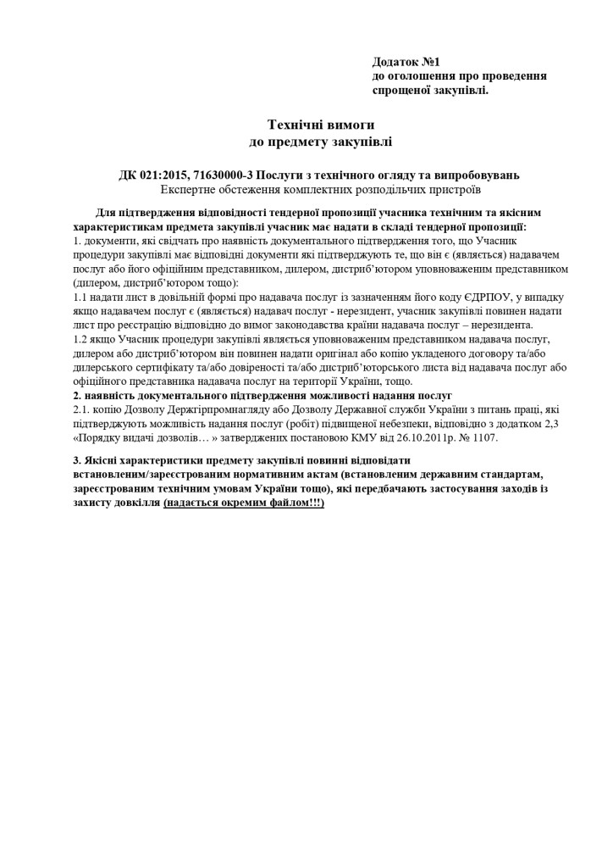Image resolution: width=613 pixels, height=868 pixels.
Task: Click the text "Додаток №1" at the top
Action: (x=406, y=62)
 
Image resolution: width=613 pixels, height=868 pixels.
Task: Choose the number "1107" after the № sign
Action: (x=485, y=437)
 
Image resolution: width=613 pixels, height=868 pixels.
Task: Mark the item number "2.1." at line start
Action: (x=85, y=409)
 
